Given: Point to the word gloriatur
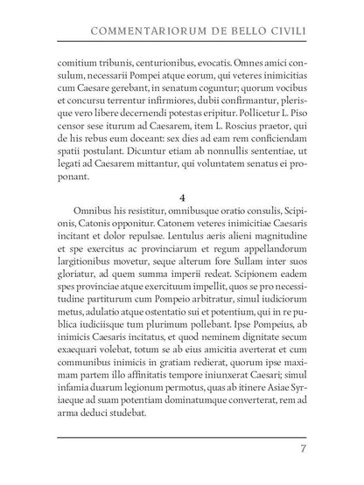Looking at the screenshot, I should point(78,296).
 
